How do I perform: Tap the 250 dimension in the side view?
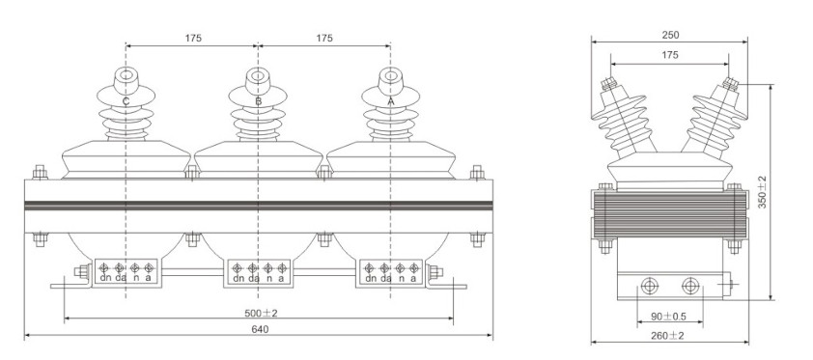(x=669, y=36)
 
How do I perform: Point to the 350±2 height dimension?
(x=762, y=192)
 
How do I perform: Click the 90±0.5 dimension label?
(x=668, y=316)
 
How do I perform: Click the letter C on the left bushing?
(x=126, y=101)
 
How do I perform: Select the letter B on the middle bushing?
(x=258, y=101)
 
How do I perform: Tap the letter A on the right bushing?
(x=390, y=101)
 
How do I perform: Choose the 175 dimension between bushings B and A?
(x=324, y=39)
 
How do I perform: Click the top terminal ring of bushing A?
(x=390, y=76)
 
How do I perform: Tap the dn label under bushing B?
(x=238, y=279)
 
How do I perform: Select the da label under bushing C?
(x=120, y=279)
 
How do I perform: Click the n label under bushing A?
(x=400, y=279)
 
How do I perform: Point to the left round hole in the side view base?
(x=648, y=286)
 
